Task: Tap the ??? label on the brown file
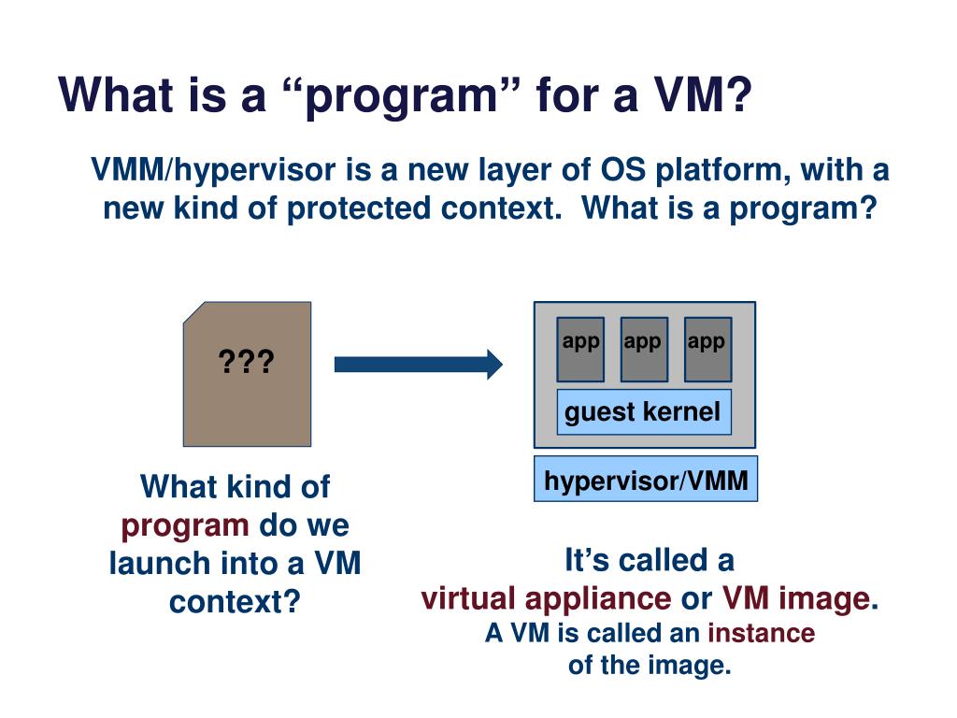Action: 246,361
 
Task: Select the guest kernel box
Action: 643,412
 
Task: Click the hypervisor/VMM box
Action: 646,481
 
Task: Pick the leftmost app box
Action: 580,349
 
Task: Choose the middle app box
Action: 643,349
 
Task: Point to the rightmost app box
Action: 707,349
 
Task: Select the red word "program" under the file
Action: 185,525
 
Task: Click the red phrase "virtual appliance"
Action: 546,598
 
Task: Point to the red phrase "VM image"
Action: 796,598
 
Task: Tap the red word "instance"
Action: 761,633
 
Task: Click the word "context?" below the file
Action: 235,601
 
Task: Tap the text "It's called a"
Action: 650,561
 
